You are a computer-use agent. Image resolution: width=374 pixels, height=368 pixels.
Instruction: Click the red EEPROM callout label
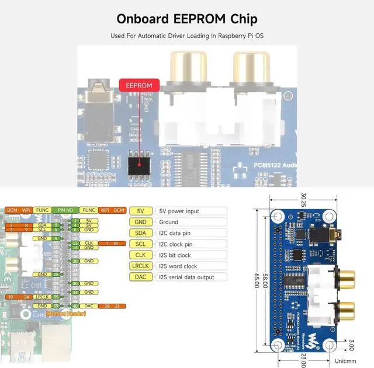(x=138, y=85)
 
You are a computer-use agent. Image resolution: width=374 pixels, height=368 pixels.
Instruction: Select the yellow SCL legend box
(x=140, y=244)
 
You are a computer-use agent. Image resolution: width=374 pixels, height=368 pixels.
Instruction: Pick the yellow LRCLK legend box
(x=140, y=266)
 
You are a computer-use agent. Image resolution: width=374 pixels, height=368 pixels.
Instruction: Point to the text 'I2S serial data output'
(x=186, y=277)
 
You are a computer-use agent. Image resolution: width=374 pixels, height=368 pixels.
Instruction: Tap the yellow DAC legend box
(x=140, y=277)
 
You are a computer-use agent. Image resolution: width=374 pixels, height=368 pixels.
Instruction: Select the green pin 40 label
(x=76, y=305)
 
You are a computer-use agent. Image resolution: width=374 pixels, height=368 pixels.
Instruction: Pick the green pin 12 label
(x=76, y=242)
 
